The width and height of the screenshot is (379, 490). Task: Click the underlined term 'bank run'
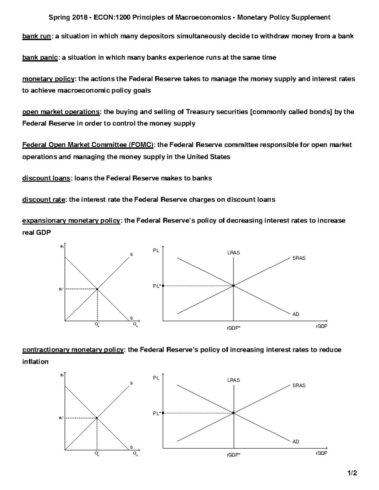click(x=36, y=36)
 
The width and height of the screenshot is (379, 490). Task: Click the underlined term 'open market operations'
click(x=61, y=112)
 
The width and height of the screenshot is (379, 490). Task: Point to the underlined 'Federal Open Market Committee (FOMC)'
click(x=88, y=145)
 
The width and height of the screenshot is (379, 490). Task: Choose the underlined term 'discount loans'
click(x=46, y=178)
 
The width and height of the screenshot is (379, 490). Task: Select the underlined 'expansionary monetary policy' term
click(x=71, y=221)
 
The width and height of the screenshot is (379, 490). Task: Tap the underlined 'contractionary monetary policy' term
click(x=73, y=350)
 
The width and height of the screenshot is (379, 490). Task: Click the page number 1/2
click(x=352, y=473)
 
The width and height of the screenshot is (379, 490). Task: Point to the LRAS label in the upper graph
click(x=233, y=253)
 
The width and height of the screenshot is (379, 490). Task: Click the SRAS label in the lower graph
click(x=299, y=386)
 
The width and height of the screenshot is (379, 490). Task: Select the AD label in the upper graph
click(x=295, y=314)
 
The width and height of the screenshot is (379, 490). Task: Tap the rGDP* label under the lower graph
click(x=233, y=455)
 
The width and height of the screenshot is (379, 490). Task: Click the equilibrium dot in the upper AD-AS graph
click(x=233, y=286)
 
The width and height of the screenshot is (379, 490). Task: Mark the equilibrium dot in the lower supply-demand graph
click(x=97, y=418)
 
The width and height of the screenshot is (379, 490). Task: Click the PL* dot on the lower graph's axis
click(x=163, y=413)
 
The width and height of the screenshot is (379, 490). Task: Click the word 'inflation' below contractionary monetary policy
click(x=35, y=362)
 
